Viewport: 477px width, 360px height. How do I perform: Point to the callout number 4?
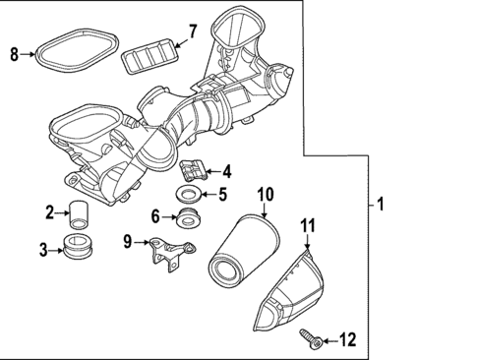tap(226, 170)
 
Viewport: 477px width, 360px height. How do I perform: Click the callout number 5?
tap(223, 194)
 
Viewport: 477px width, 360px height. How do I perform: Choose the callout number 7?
tap(192, 31)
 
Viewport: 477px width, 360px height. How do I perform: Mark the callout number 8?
tap(14, 53)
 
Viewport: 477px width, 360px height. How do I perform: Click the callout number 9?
tap(128, 241)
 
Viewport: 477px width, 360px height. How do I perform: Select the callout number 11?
tap(307, 229)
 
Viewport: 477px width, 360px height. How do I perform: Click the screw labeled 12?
tap(314, 337)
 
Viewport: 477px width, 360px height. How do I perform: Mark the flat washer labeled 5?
tap(190, 192)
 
